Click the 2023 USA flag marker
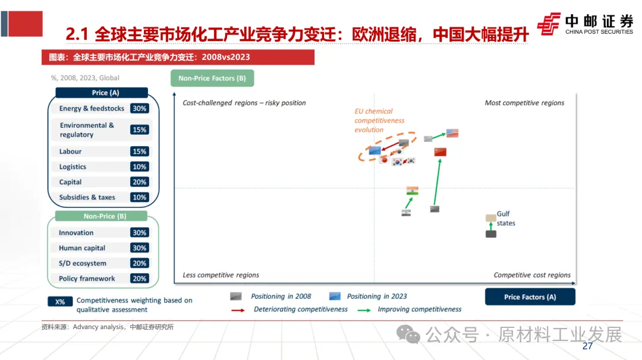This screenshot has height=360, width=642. point(452,133)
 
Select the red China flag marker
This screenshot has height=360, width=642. point(440,152)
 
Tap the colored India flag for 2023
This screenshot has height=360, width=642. point(412,191)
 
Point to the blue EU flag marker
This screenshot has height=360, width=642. point(374,150)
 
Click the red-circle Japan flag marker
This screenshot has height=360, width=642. point(384,159)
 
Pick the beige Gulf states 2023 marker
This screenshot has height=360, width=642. point(490,218)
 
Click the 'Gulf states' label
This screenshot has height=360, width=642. point(505,219)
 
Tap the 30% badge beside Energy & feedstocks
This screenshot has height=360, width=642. point(140,109)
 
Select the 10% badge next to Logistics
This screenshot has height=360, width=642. point(140,167)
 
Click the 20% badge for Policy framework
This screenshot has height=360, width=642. point(140,279)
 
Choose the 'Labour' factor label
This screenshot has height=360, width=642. point(71,151)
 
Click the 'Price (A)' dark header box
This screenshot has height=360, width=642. point(101,93)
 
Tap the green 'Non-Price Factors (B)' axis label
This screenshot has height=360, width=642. point(212,78)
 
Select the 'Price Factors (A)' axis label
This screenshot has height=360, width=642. point(530,297)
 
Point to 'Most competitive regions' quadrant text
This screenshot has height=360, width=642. point(524,103)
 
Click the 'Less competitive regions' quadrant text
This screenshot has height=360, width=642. point(221,275)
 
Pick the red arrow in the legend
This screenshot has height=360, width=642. point(238,310)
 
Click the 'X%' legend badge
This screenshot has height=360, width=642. point(60,302)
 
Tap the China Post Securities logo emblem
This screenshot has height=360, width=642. point(549,24)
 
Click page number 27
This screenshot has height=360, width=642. point(587,346)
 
